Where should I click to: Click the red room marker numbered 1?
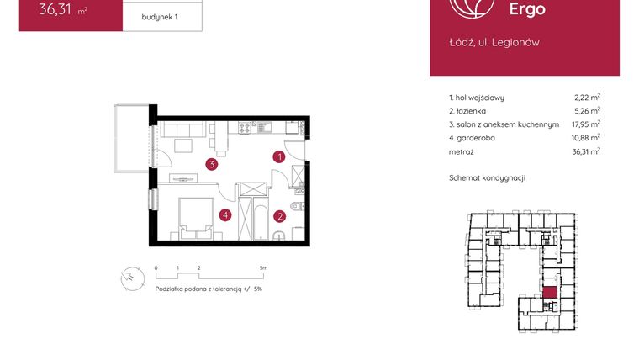(279, 156)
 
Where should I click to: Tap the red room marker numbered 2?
(279, 215)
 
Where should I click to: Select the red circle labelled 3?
(214, 164)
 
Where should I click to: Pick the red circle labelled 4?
(225, 215)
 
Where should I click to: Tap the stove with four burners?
(246, 129)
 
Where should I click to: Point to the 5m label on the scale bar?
(263, 268)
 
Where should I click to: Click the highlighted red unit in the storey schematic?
(549, 294)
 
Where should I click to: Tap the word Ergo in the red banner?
(527, 10)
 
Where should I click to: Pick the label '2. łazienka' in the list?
(469, 111)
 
